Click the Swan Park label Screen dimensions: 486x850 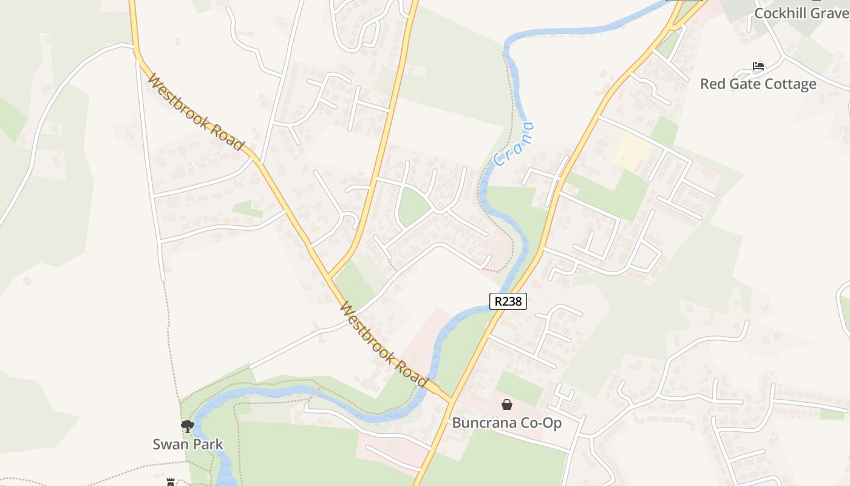point(188,444)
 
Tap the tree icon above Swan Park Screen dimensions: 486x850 point(188,426)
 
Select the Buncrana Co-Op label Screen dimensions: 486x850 point(507,423)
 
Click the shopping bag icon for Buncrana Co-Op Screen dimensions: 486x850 point(507,405)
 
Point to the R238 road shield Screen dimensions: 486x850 point(508,301)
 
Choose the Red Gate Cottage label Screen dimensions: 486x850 point(758,84)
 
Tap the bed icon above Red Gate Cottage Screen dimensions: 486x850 point(758,66)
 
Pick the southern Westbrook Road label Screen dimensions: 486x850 point(384,344)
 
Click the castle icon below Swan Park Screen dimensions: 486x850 point(171,482)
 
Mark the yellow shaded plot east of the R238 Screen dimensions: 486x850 point(631,151)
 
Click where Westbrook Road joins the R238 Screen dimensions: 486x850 point(451,400)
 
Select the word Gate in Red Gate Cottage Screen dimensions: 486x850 point(741,84)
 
